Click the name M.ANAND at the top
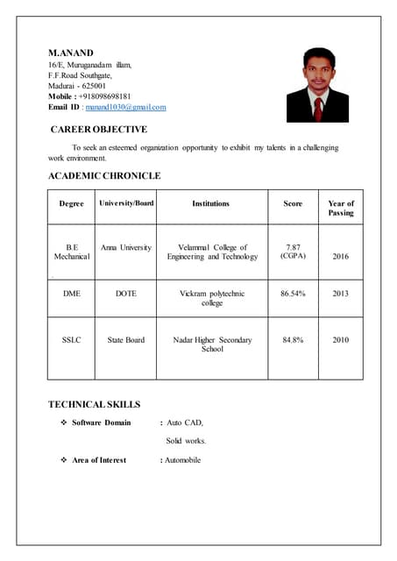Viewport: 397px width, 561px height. (70, 53)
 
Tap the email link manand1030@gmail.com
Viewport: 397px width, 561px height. (125, 107)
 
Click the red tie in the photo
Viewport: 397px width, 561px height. (318, 108)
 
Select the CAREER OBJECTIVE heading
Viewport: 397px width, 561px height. (98, 130)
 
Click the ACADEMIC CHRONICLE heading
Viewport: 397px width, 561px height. (104, 176)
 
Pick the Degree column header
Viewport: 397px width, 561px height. (72, 203)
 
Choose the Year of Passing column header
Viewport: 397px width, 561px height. (340, 208)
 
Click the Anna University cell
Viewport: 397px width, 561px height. (126, 247)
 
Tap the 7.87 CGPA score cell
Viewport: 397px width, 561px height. (293, 252)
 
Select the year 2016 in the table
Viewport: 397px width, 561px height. (340, 256)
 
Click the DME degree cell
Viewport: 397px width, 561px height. (72, 294)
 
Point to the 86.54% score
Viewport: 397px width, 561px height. (293, 294)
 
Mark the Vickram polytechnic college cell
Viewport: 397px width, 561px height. (212, 298)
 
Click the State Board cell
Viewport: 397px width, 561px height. (126, 339)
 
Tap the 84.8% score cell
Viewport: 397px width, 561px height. (293, 339)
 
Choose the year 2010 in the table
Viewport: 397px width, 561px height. (340, 339)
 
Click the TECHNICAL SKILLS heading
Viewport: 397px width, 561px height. (94, 404)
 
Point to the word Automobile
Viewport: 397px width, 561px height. (183, 460)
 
